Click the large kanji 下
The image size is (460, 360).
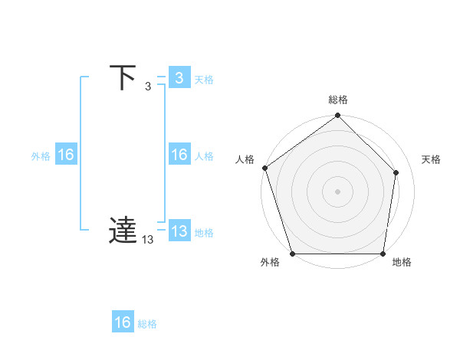(123, 77)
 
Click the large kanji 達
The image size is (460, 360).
(123, 231)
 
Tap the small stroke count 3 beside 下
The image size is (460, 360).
(148, 86)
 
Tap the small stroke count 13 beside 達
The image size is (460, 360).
(148, 240)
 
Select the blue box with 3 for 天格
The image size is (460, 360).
(179, 78)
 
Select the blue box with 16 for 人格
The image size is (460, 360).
(179, 155)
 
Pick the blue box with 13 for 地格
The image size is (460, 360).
(179, 231)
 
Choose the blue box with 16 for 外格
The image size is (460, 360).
(66, 155)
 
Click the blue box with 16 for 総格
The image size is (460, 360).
(123, 322)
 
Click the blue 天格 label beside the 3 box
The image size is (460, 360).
(204, 80)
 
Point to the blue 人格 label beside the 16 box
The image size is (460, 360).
(204, 156)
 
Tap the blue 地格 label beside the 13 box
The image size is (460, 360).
(204, 233)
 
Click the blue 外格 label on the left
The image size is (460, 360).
(41, 156)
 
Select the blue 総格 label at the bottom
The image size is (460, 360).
(148, 324)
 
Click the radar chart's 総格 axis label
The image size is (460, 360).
(338, 100)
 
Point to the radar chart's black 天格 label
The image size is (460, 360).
(432, 159)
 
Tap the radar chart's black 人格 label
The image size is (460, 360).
(245, 159)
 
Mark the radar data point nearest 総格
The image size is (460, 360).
(338, 116)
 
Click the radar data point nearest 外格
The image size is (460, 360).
(292, 254)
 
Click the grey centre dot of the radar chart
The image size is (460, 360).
(338, 190)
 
